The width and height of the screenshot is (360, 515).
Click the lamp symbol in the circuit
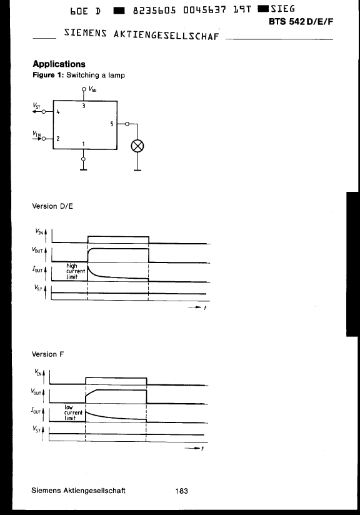tap(137, 146)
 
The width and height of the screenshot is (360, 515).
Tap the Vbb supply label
tap(92, 89)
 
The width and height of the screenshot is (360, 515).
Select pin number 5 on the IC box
tap(112, 124)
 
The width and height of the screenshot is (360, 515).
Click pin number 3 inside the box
tap(84, 106)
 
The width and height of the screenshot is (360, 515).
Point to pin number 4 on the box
tap(58, 112)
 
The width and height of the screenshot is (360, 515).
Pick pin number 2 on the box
tap(58, 138)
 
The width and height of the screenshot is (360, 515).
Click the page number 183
tap(182, 491)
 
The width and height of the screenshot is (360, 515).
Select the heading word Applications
tap(59, 64)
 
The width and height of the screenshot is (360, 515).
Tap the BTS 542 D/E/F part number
tap(301, 22)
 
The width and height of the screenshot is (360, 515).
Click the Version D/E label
tap(52, 206)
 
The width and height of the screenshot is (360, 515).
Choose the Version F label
tap(48, 354)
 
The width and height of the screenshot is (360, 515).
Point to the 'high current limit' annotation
tap(76, 271)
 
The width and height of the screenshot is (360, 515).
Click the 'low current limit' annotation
tap(73, 412)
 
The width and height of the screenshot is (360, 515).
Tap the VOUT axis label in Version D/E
tap(37, 250)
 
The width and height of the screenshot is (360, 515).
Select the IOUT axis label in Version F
tap(36, 411)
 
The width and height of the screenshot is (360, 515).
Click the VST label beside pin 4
tap(36, 106)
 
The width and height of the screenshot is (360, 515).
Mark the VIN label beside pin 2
tap(36, 133)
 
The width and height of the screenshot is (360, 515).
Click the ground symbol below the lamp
tap(137, 170)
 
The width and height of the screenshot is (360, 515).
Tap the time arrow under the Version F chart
tap(192, 448)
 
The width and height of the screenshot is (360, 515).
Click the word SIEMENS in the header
tap(86, 33)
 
